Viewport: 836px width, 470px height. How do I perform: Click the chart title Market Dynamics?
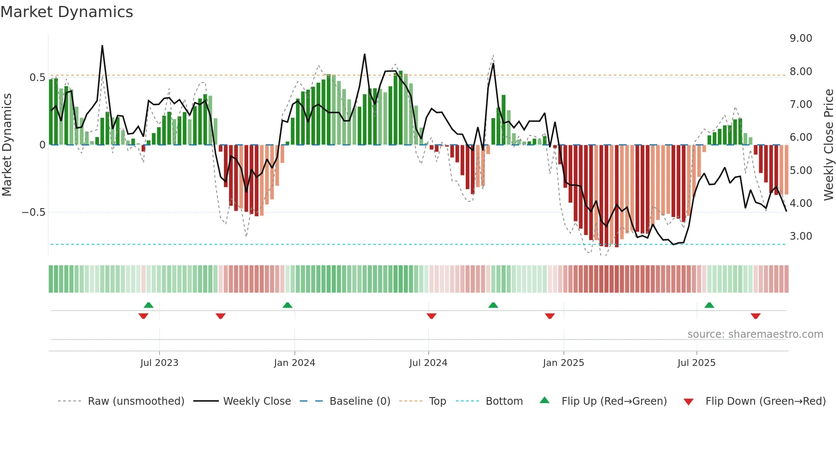[x=67, y=12]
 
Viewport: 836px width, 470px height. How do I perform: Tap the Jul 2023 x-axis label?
[x=159, y=363]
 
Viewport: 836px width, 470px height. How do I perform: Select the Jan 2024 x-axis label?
[x=294, y=363]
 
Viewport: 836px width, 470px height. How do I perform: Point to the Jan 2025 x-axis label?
[x=563, y=363]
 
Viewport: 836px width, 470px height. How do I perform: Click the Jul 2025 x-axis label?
[x=696, y=363]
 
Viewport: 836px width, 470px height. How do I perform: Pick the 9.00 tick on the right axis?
[x=801, y=38]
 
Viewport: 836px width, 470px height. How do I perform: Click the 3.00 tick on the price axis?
[x=801, y=236]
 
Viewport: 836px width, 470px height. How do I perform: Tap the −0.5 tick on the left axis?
[x=34, y=212]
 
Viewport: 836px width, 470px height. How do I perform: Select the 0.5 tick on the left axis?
[x=37, y=78]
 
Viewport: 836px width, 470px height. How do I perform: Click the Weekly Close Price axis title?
[x=828, y=145]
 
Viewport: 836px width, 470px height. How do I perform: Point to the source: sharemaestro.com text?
[x=755, y=334]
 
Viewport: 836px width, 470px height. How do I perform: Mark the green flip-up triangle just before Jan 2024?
[x=287, y=305]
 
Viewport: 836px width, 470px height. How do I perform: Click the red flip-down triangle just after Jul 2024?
[x=431, y=316]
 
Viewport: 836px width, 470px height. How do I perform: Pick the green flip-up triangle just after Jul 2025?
[x=709, y=305]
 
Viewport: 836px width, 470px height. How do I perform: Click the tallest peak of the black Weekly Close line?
[x=102, y=46]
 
